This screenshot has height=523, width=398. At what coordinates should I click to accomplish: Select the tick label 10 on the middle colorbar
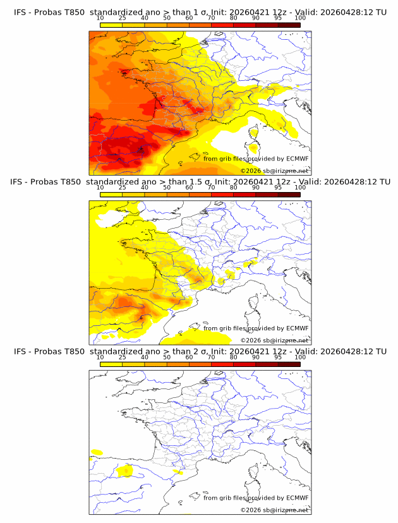[x=100, y=187]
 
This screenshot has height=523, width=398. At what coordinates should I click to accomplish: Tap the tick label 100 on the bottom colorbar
[x=300, y=357]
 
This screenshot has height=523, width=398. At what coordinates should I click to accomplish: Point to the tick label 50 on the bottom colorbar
[x=167, y=357]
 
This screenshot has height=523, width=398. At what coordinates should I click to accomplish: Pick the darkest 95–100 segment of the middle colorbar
[x=289, y=194]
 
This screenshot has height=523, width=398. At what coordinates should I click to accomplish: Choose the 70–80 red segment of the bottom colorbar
[x=222, y=364]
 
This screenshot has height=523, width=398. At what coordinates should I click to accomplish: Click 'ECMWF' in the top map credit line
[x=297, y=159]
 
